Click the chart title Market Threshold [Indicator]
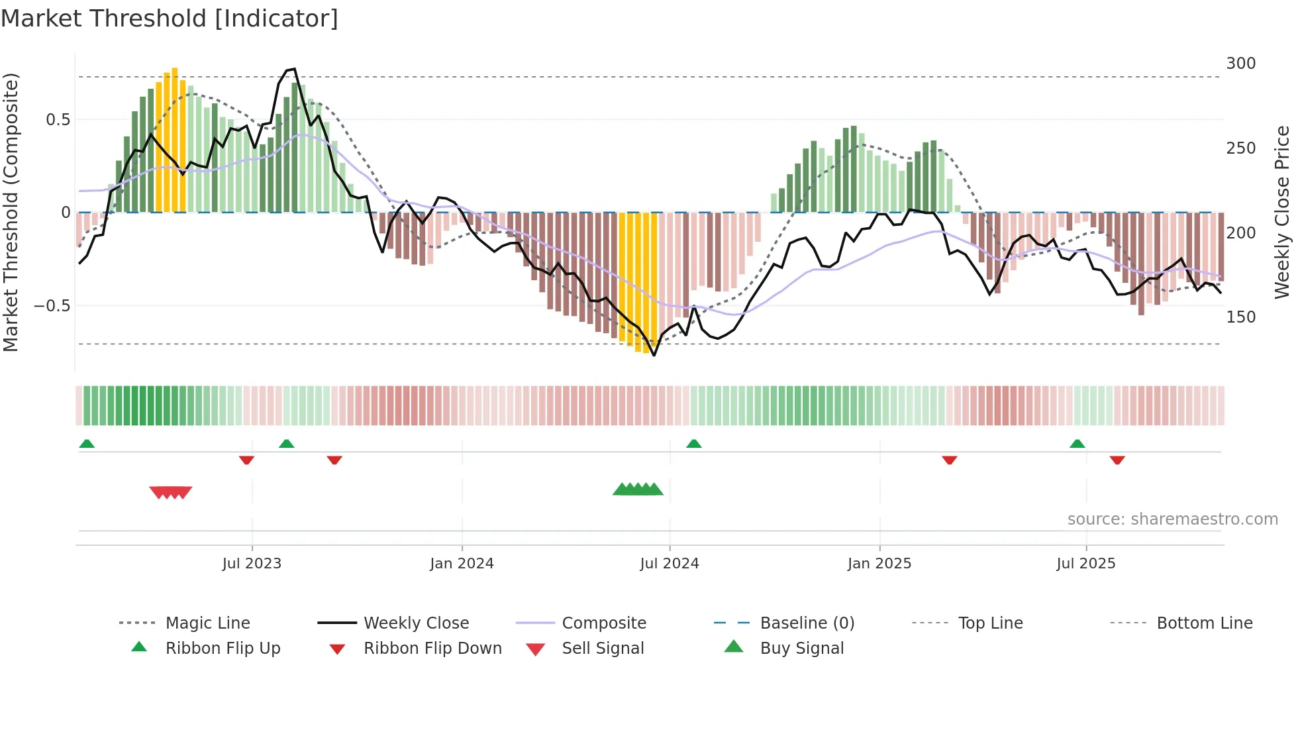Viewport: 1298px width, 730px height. coord(170,19)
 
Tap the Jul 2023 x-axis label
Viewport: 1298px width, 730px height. coord(252,564)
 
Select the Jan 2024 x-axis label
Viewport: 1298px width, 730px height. coord(462,564)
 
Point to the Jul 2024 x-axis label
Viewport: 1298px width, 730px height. coord(669,564)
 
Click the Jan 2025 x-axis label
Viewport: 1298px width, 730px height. coord(879,564)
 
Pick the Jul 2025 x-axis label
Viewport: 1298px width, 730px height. coord(1085,564)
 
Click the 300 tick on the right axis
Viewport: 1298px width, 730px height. coord(1240,64)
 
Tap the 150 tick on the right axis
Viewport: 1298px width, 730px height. coord(1240,317)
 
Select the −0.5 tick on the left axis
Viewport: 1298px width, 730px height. coord(52,306)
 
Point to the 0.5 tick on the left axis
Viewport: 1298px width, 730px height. coord(58,120)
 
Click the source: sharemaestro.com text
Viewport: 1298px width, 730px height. coord(1172,519)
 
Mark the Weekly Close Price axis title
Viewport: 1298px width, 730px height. coord(1282,212)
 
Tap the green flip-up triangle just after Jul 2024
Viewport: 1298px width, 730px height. coord(693,444)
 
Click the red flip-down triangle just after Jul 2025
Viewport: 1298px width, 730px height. coord(1117,460)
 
